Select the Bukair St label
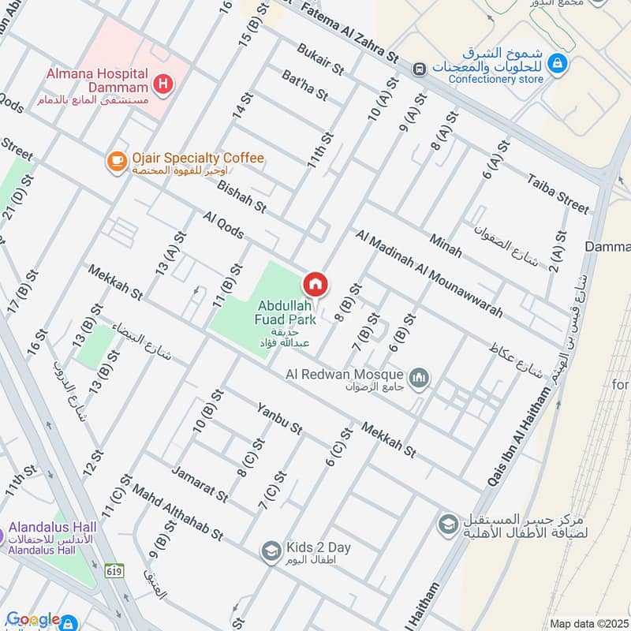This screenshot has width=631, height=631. [321, 60]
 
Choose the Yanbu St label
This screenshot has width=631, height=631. [279, 419]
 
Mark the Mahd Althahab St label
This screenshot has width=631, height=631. [177, 512]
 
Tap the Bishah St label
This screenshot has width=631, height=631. [242, 193]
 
